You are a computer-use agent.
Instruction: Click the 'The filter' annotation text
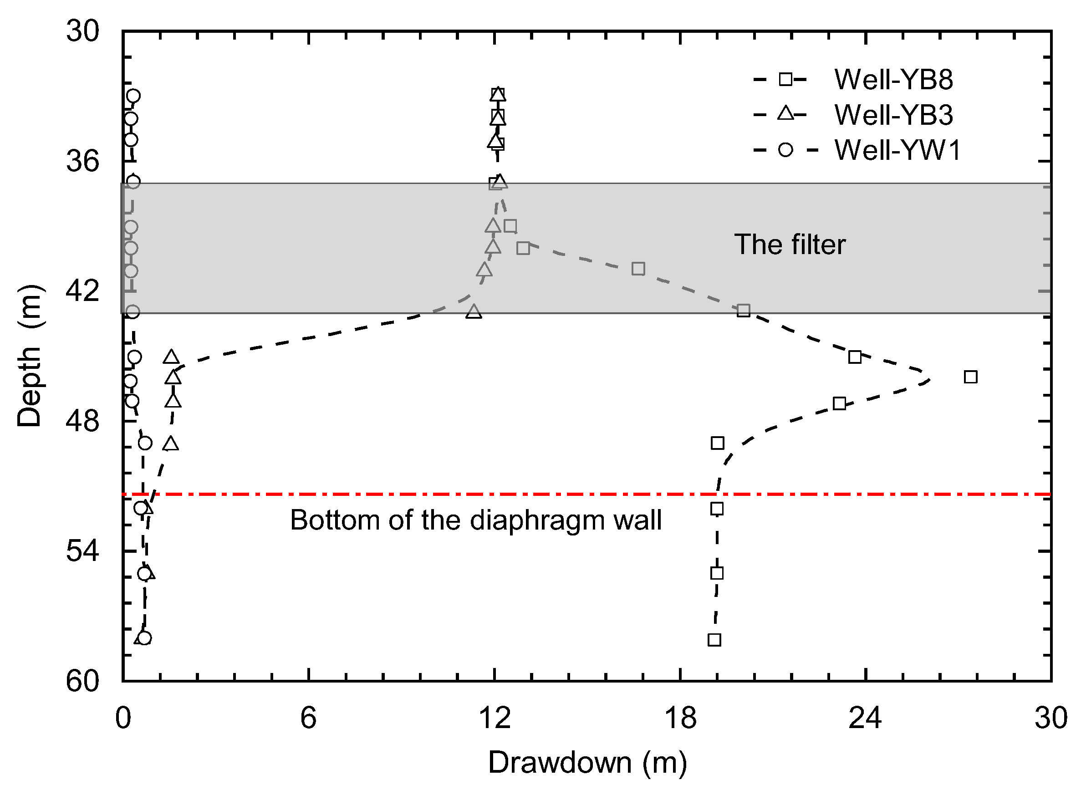790,245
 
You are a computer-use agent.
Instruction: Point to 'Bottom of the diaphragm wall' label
476,520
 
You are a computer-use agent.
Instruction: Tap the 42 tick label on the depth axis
83,291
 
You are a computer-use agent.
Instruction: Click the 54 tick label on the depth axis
83,551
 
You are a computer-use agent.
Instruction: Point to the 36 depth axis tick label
83,161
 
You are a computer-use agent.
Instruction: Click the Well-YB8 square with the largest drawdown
970,377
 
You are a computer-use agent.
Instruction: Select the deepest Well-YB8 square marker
714,640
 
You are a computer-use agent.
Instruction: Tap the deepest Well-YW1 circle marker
144,638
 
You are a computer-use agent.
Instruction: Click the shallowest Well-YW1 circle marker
133,96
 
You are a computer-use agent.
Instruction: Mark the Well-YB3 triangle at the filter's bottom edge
474,312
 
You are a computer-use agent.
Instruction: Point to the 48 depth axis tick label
83,421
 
